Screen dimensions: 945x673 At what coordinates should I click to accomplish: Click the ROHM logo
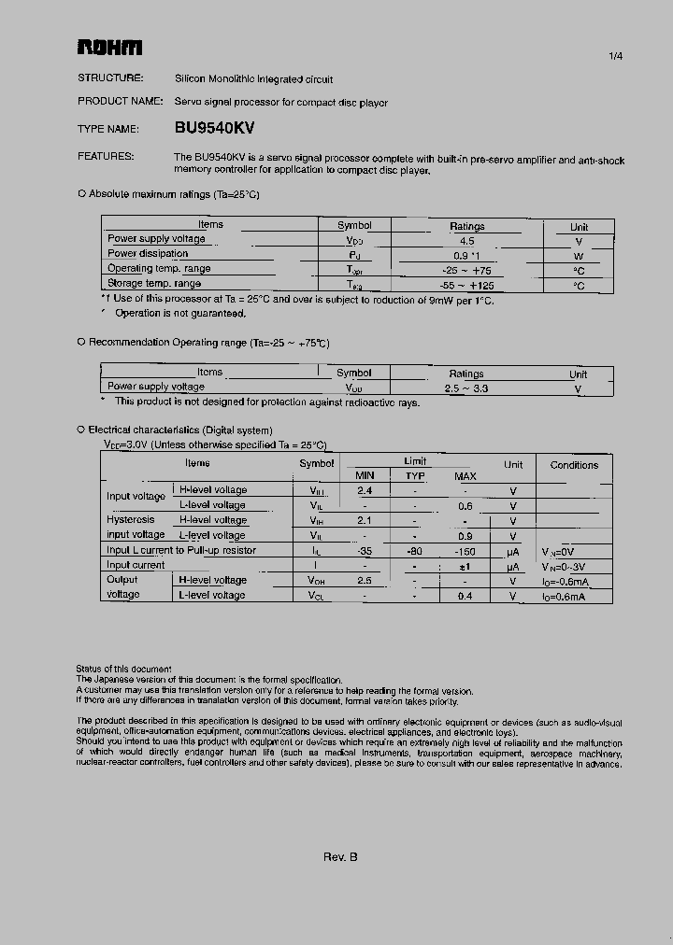tap(109, 48)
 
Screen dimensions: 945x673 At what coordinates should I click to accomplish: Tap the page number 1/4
tap(615, 56)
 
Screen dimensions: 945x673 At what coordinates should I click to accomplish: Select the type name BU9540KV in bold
tap(214, 129)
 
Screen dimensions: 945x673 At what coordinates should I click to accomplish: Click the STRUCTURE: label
tap(110, 78)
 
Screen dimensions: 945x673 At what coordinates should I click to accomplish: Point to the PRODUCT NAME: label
tap(121, 102)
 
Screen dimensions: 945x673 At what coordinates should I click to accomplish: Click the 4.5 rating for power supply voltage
tap(466, 240)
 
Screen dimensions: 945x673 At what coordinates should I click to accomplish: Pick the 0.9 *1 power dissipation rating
tap(466, 255)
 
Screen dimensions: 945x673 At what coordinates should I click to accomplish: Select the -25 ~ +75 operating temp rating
tap(466, 270)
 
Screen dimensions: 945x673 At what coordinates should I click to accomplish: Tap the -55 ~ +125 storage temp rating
tap(466, 285)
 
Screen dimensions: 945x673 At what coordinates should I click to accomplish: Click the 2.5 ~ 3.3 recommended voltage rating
tap(466, 388)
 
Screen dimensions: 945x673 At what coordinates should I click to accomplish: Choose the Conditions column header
tap(574, 465)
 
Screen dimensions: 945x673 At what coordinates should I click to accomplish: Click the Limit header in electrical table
tap(415, 461)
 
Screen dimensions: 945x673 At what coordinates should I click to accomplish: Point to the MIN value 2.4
tap(365, 490)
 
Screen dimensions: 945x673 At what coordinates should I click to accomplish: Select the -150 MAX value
tap(465, 550)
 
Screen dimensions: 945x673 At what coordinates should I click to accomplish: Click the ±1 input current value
tap(465, 565)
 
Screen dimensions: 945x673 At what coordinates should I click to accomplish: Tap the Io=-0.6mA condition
tap(565, 580)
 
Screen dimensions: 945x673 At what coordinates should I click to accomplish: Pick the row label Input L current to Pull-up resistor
tap(181, 550)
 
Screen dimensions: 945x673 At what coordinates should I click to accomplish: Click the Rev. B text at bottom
tap(340, 857)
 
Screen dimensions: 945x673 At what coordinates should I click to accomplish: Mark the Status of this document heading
tap(123, 669)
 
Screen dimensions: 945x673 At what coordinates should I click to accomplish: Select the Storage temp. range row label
tap(154, 284)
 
